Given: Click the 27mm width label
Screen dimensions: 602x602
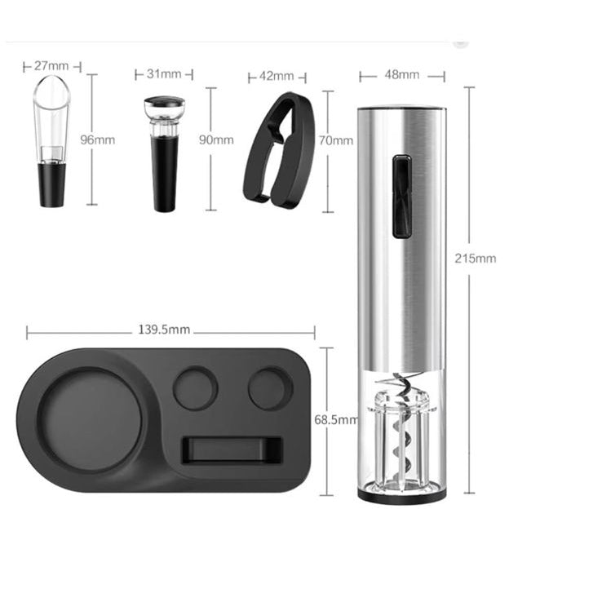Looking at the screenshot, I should (52, 65).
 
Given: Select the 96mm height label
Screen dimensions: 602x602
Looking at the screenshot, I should (98, 139).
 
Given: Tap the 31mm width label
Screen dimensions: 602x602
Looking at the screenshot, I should (164, 74).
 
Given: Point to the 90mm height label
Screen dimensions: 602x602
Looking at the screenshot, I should (216, 139).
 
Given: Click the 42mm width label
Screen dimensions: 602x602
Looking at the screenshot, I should (276, 77).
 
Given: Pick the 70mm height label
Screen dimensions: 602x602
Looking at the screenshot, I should (335, 139).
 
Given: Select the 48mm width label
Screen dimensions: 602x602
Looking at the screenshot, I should (402, 75).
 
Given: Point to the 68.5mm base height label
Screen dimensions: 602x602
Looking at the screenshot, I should (335, 420).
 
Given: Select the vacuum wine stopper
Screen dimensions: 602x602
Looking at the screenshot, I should (165, 155).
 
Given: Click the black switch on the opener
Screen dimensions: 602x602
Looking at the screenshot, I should (401, 197).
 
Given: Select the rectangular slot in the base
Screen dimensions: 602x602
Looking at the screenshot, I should (232, 449).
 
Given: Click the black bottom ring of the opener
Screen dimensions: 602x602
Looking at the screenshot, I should (401, 495).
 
